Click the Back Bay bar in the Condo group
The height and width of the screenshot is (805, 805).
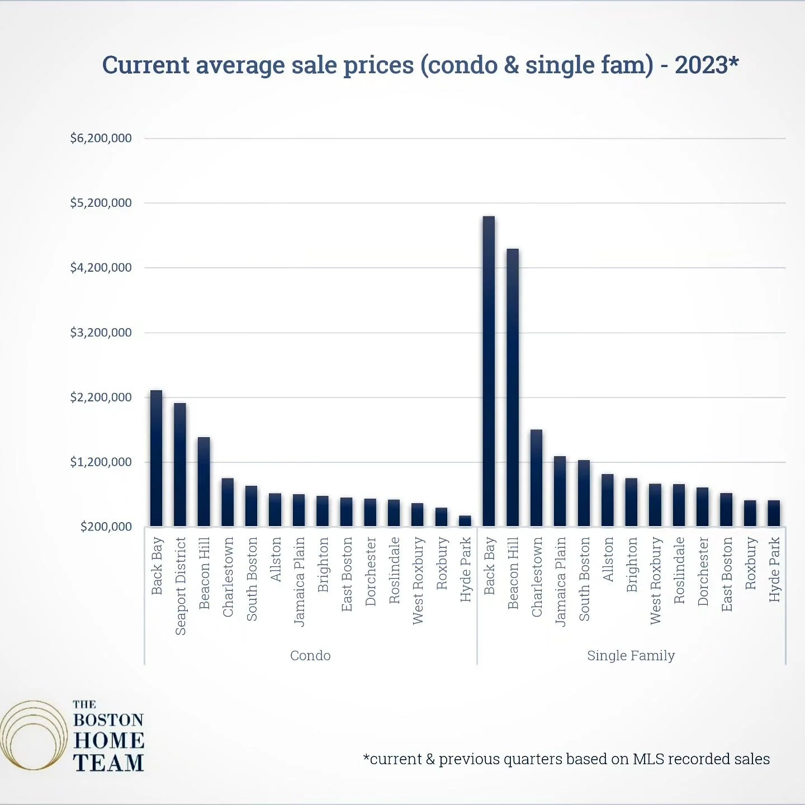157,458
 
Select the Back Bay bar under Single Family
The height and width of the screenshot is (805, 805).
489,371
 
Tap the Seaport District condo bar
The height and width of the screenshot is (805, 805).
180,465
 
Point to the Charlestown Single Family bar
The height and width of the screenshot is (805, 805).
536,478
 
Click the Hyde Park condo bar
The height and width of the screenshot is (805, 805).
465,521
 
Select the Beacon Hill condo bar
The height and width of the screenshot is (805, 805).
203,482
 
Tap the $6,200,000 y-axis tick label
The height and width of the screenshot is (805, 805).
101,138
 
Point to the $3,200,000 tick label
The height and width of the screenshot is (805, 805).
101,333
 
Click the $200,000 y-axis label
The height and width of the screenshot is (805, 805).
106,527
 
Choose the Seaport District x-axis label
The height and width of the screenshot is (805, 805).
180,586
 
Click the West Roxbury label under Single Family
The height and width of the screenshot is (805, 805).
655,580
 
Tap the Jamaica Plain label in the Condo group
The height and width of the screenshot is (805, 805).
299,581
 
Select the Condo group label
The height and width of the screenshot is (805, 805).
310,655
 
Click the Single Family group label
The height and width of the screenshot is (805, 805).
631,655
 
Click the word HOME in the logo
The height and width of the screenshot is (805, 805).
109,741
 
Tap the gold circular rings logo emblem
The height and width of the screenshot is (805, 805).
34,735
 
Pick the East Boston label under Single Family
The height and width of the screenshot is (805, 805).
727,574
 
